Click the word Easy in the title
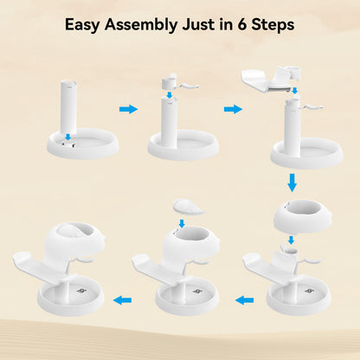coord(82,25)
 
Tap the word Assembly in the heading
coord(141,25)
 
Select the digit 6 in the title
coord(241,24)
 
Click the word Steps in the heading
coord(273,25)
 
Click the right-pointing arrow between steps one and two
coord(128,109)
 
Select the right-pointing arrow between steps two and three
coord(233,109)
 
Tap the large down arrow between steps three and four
coord(292,183)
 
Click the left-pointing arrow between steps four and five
coord(245,300)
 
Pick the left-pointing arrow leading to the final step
coord(122,300)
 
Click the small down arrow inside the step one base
coord(67,137)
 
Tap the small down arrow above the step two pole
coord(170,95)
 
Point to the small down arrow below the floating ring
coord(291,240)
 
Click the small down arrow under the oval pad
coord(182,223)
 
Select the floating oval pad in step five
coord(188,207)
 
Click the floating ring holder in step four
coord(302,215)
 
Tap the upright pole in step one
coord(68,107)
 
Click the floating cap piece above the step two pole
coord(179,82)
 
